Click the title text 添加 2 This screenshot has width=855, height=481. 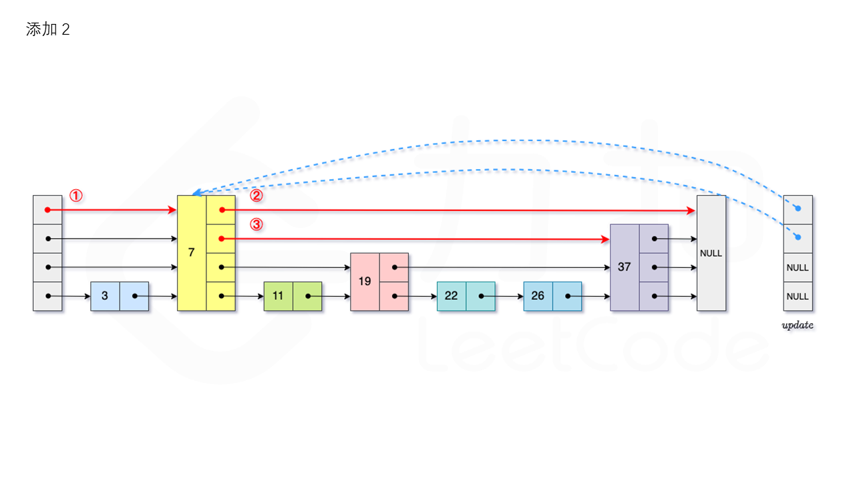pos(48,29)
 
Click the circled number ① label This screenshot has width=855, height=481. pos(76,196)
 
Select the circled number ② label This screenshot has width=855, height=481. pos(256,196)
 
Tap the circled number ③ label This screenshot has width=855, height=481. pos(256,224)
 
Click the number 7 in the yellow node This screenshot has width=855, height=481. pos(192,253)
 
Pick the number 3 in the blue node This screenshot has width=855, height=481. pos(105,296)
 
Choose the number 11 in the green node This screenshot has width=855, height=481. pos(278,296)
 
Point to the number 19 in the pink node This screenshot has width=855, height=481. pos(365,281)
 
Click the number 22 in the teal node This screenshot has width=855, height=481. pos(452,296)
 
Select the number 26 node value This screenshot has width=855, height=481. pos(538,296)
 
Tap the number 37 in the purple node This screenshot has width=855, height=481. pos(625,267)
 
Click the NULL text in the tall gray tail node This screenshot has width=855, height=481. pos(711,253)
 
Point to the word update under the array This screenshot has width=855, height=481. pos(798,326)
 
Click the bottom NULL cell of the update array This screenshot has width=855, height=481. pos(798,296)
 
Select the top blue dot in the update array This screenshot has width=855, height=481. pos(798,208)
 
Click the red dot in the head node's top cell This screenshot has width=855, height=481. pos(47,210)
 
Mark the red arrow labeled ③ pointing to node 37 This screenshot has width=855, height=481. pos(414,238)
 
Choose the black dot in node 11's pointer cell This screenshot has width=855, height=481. pos(308,296)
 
